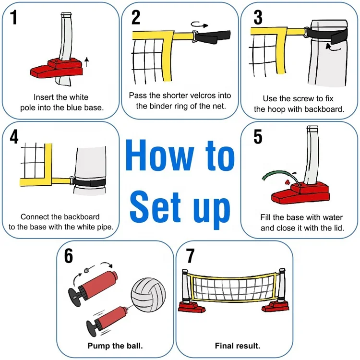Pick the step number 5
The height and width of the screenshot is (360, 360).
point(258,136)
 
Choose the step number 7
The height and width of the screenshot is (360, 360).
point(190,256)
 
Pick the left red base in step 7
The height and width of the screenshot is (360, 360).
point(192,307)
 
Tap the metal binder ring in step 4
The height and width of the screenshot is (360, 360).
point(71,181)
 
